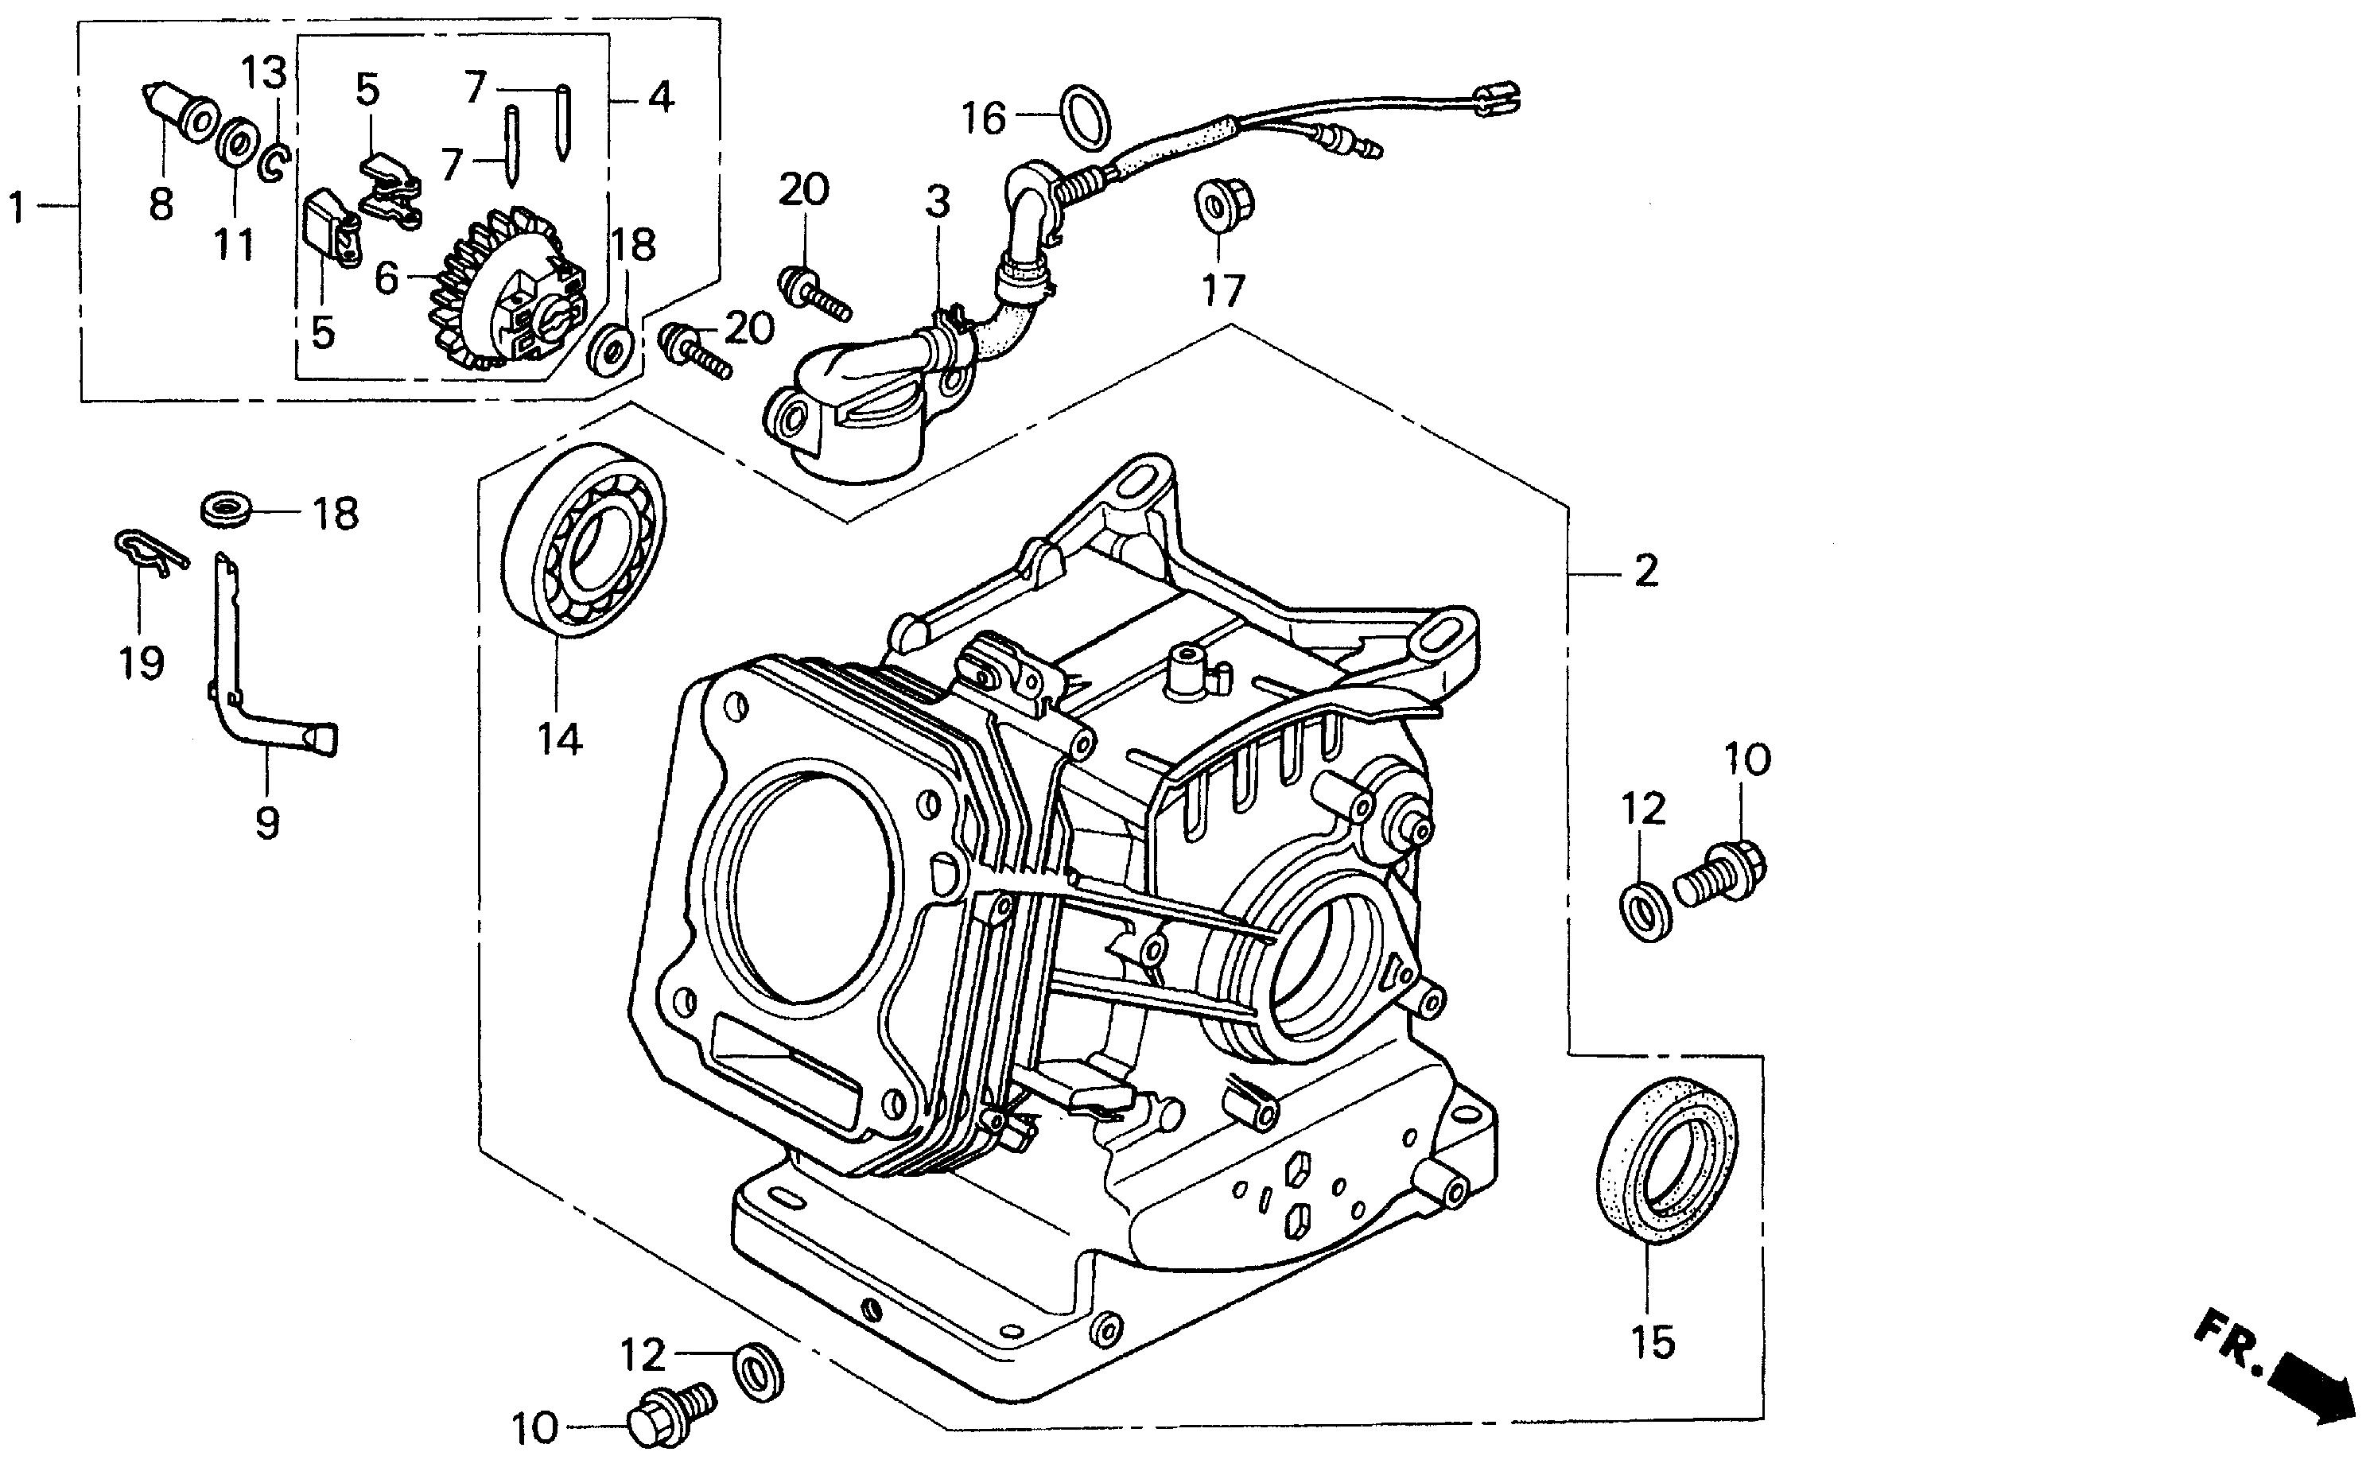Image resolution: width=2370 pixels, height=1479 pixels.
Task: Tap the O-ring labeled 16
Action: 1086,119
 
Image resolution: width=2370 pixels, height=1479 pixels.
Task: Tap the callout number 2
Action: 1647,571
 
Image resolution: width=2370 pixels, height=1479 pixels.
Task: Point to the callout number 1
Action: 17,207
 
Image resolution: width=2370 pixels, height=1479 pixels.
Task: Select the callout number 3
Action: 937,203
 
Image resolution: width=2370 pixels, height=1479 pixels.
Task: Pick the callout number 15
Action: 1652,1342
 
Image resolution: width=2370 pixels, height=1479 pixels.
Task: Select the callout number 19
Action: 141,662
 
